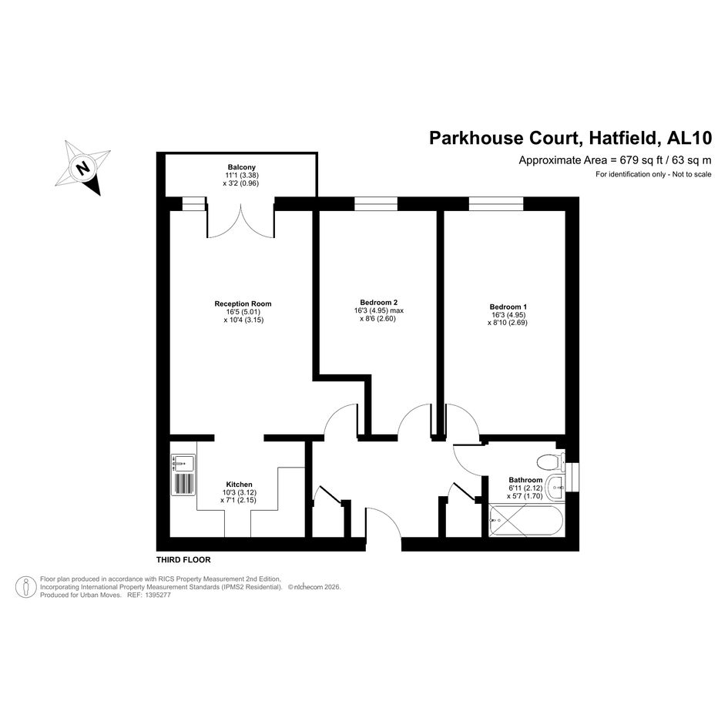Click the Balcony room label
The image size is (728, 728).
pyautogui.click(x=241, y=167)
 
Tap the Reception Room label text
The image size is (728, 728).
pyautogui.click(x=243, y=304)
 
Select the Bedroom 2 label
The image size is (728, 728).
pyautogui.click(x=378, y=302)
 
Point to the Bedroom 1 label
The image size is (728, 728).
pyautogui.click(x=508, y=307)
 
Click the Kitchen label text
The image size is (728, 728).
pyautogui.click(x=239, y=485)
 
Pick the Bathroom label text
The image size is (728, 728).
pyautogui.click(x=525, y=480)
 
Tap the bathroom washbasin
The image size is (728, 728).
pyautogui.click(x=555, y=488)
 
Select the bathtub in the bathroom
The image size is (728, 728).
pyautogui.click(x=526, y=521)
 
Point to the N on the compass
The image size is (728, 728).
pyautogui.click(x=83, y=168)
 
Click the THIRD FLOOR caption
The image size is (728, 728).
pyautogui.click(x=183, y=560)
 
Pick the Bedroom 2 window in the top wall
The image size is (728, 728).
pyautogui.click(x=376, y=204)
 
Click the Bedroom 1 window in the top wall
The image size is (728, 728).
pyautogui.click(x=496, y=204)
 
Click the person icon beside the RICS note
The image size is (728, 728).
pyautogui.click(x=26, y=587)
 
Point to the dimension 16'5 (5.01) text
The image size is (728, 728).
pyautogui.click(x=243, y=312)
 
